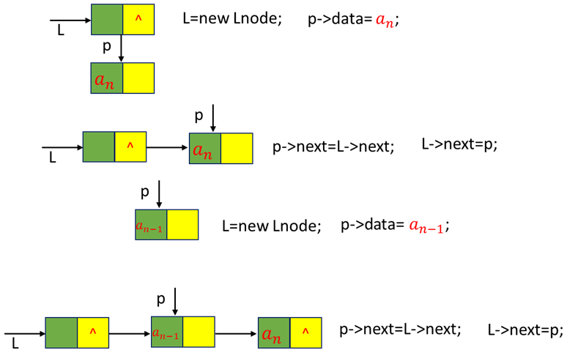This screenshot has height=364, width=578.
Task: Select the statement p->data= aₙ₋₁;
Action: (394, 226)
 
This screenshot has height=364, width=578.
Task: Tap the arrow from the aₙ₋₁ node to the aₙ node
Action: (236, 334)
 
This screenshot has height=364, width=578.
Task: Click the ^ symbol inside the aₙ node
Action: (305, 333)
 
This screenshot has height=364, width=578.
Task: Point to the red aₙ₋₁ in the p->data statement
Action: (426, 226)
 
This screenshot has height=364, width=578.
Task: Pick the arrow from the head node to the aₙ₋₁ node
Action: (130, 334)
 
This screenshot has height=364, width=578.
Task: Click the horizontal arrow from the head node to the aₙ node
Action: (168, 147)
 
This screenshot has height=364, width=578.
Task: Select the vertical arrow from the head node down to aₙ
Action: (121, 48)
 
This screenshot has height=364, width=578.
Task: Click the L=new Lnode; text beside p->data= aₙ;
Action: (231, 21)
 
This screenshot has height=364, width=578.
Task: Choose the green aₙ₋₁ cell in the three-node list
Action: (166, 333)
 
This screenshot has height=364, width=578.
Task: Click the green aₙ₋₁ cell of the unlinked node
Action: (151, 225)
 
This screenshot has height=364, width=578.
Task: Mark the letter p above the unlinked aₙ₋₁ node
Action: (144, 192)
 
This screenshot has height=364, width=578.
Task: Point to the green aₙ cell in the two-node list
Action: (204, 148)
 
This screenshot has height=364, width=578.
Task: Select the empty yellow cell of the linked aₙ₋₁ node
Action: (199, 333)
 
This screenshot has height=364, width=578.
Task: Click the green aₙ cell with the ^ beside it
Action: (273, 333)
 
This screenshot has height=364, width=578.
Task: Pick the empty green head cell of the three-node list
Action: (61, 333)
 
